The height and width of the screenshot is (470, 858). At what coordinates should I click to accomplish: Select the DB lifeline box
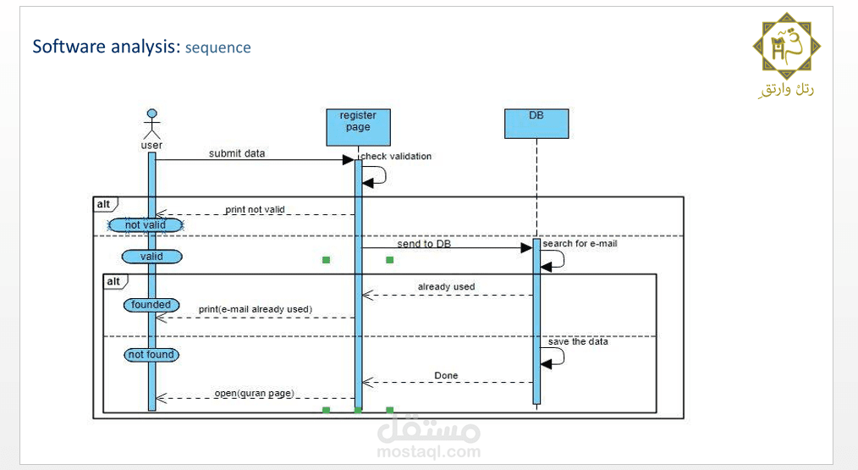tap(536, 124)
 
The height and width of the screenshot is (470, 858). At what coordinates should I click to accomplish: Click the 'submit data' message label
tap(237, 153)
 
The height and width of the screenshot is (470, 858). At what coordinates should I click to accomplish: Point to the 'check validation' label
tap(396, 156)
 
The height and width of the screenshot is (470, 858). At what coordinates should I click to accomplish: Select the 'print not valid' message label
tap(255, 209)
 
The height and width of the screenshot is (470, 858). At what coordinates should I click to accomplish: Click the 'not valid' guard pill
tap(146, 225)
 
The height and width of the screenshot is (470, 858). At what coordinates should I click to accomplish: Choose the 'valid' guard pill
tap(151, 256)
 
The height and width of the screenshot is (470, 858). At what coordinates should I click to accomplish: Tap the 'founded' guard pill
tap(151, 305)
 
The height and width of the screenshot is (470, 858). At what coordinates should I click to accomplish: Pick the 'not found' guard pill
tap(151, 355)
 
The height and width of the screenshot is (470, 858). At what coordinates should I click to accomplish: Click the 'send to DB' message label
tap(424, 244)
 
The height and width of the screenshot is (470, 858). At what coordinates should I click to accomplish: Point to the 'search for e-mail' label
tap(580, 244)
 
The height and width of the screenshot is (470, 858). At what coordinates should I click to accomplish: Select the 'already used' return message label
tap(446, 287)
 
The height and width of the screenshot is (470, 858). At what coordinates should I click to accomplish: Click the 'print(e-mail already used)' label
tap(255, 309)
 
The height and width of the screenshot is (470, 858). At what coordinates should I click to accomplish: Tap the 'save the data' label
tap(578, 342)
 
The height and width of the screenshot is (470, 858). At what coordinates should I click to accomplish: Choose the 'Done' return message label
tap(446, 375)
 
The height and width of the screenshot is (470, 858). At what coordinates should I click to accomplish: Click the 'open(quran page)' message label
tap(253, 393)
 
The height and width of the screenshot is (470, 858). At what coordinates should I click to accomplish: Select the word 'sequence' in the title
tap(218, 47)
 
